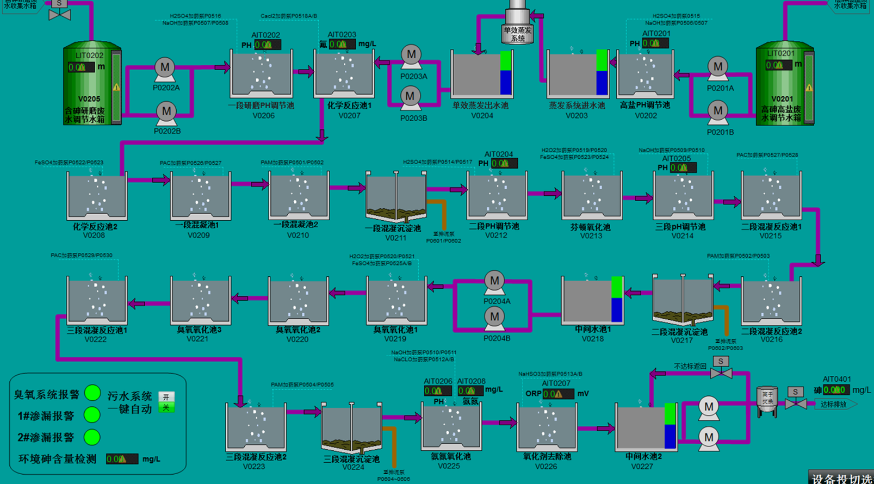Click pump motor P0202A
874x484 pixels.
(x=165, y=68)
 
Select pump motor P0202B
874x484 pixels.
(x=166, y=111)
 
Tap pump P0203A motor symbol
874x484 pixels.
(x=411, y=54)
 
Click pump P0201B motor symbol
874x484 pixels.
(x=718, y=111)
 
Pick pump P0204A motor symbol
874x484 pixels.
(x=494, y=281)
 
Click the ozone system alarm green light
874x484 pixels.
(x=92, y=393)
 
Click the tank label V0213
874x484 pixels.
(x=591, y=236)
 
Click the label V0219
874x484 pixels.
(x=395, y=339)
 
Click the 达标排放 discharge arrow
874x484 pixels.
(x=835, y=404)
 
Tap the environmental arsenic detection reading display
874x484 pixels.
(x=122, y=459)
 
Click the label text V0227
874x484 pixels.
(x=642, y=466)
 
